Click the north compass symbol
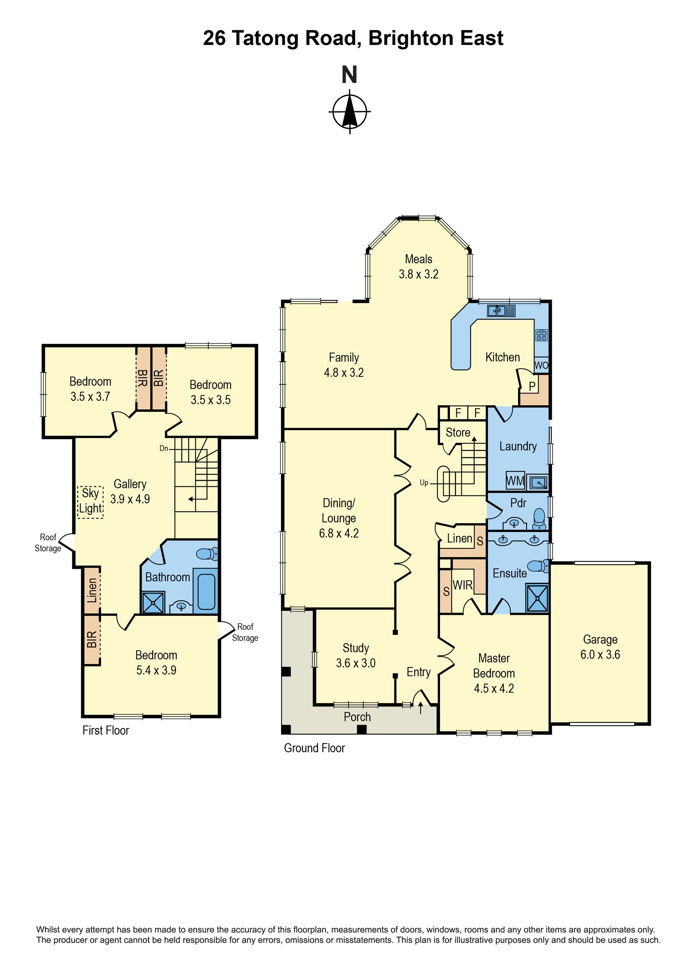pos(349,111)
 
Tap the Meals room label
pos(419,259)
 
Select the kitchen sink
pos(501,311)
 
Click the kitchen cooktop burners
pos(541,335)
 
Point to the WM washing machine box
pos(515,480)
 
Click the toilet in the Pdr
pos(539,519)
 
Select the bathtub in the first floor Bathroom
pos(206,591)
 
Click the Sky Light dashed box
pos(90,502)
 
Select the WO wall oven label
pos(541,365)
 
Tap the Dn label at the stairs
pos(164,448)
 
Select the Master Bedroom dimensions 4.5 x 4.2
pos(494,688)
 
